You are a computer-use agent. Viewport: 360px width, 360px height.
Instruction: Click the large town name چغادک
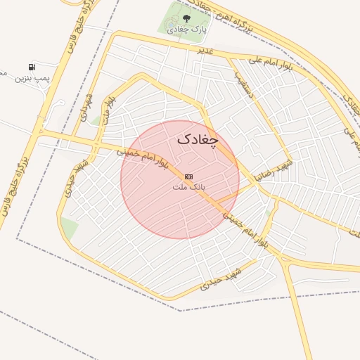pos(198,139)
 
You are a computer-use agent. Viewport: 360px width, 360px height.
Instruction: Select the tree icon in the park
pos(186,18)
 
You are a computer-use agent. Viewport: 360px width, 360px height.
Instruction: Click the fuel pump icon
pos(32,66)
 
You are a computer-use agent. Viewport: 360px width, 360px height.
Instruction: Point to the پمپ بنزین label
pos(33,77)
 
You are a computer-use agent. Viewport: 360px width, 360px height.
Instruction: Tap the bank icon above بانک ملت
pos(188,176)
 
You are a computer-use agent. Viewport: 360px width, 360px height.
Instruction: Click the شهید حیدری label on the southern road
pos(220,278)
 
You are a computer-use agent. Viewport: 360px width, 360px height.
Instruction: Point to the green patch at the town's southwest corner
pos(68,227)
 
